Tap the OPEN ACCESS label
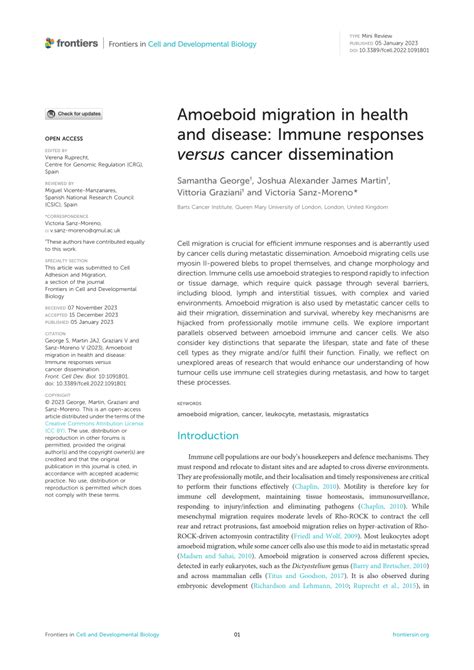pos(62,140)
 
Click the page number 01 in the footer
pos(236,661)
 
